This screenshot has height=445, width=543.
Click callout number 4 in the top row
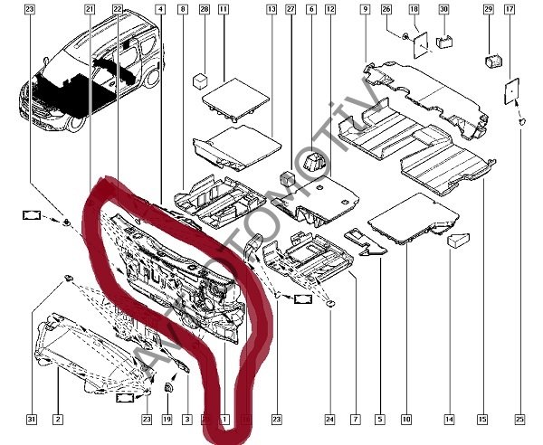point(160,9)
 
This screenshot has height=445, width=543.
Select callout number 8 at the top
point(183,9)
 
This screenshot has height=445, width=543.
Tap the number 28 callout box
point(204,9)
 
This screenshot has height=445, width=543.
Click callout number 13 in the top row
point(271,9)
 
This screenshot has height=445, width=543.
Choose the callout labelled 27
point(291,9)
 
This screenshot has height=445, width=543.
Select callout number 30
point(443,9)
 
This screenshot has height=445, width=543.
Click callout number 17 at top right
point(510,9)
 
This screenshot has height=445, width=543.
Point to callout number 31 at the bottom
point(30,420)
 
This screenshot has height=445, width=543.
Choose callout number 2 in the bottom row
point(57,420)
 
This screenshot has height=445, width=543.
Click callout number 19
point(167,420)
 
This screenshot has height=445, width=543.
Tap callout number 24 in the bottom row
point(330,420)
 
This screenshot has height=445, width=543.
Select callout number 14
point(448,420)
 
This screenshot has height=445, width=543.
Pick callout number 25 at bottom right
point(519,420)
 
